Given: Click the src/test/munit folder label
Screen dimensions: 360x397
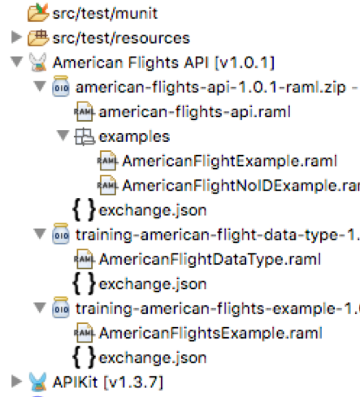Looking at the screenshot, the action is (105, 14).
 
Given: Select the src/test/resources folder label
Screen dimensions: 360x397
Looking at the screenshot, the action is (121, 38).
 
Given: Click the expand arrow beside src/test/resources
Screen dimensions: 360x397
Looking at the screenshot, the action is (16, 37).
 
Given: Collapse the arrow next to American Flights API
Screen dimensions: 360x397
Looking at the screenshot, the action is (17, 62).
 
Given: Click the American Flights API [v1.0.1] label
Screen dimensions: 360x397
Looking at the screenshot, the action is (163, 63).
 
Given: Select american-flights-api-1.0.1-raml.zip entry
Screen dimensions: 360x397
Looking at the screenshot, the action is (211, 88).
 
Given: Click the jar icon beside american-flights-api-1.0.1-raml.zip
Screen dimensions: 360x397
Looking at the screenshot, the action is (61, 86).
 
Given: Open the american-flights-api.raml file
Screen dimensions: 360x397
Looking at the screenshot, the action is (195, 112).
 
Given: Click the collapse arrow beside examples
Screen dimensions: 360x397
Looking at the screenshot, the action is (63, 135).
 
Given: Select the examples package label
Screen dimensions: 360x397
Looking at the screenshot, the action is (134, 136).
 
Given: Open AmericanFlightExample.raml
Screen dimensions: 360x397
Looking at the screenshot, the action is (230, 162).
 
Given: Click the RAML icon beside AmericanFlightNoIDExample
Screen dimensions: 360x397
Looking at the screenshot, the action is (107, 185).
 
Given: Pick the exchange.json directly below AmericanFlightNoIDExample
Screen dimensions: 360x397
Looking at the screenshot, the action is (153, 210).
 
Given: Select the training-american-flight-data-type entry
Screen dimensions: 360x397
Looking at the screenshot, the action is (218, 235).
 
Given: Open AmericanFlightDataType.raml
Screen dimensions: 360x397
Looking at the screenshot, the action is (210, 260).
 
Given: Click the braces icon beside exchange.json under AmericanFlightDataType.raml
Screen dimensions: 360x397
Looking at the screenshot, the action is (84, 283).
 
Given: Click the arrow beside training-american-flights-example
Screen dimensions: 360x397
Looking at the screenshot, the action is (40, 308).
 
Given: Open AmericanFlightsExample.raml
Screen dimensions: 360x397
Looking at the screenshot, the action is (210, 333).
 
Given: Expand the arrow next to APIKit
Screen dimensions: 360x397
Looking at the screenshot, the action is (16, 381).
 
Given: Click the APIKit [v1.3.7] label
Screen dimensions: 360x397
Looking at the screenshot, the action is (108, 382).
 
